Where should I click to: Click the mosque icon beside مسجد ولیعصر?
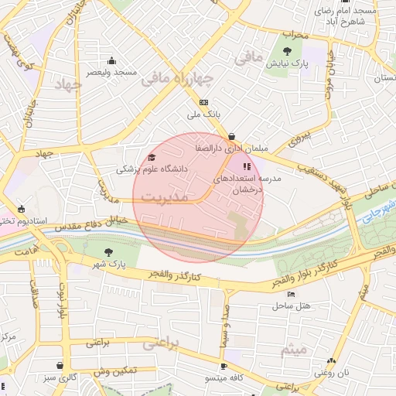pyautogui.click(x=112, y=61)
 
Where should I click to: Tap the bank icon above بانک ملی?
pyautogui.click(x=203, y=102)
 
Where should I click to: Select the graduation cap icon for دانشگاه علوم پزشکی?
pyautogui.click(x=151, y=158)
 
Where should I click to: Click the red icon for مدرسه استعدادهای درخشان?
pyautogui.click(x=246, y=166)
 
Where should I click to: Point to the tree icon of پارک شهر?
pyautogui.click(x=108, y=252)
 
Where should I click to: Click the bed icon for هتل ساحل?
pyautogui.click(x=291, y=294)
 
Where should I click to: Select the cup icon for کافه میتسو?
pyautogui.click(x=224, y=366)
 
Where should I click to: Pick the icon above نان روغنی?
pyautogui.click(x=332, y=361)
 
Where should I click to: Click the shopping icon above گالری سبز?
pyautogui.click(x=60, y=364)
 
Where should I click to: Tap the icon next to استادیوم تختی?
pyautogui.click(x=21, y=209)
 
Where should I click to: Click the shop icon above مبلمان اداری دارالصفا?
pyautogui.click(x=231, y=136)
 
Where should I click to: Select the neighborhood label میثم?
pyautogui.click(x=295, y=350)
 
